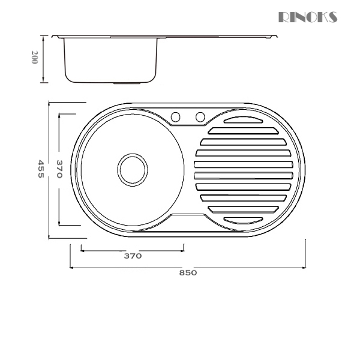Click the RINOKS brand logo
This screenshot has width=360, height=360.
308,17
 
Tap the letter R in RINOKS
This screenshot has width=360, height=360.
284,17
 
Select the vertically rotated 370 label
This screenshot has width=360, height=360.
59,170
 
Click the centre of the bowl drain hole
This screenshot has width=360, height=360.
132,169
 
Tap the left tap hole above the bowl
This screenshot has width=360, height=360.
176,116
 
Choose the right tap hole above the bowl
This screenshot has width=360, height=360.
200,116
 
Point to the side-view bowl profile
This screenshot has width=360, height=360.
111,60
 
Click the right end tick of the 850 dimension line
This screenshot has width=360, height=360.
305,255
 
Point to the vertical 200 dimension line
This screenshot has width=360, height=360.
44,59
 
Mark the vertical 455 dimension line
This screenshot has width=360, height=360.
49,170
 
